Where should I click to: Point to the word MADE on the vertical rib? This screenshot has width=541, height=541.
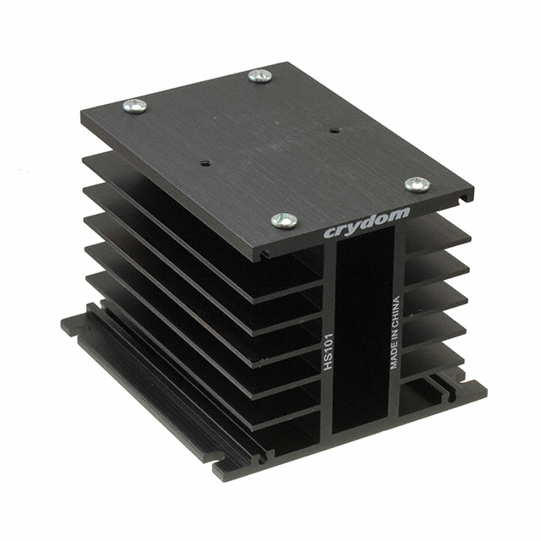coord(394,356)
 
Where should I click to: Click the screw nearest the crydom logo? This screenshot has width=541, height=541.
coord(284,220)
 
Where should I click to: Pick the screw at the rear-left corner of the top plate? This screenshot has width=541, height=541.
coord(134,106)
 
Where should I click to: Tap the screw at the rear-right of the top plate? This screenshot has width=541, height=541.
coord(260,75)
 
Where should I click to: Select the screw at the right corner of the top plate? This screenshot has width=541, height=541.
coord(416,184)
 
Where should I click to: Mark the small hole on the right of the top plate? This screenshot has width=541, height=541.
coord(334,131)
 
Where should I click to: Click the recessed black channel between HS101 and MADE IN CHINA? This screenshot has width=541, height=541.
coord(363,338)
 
